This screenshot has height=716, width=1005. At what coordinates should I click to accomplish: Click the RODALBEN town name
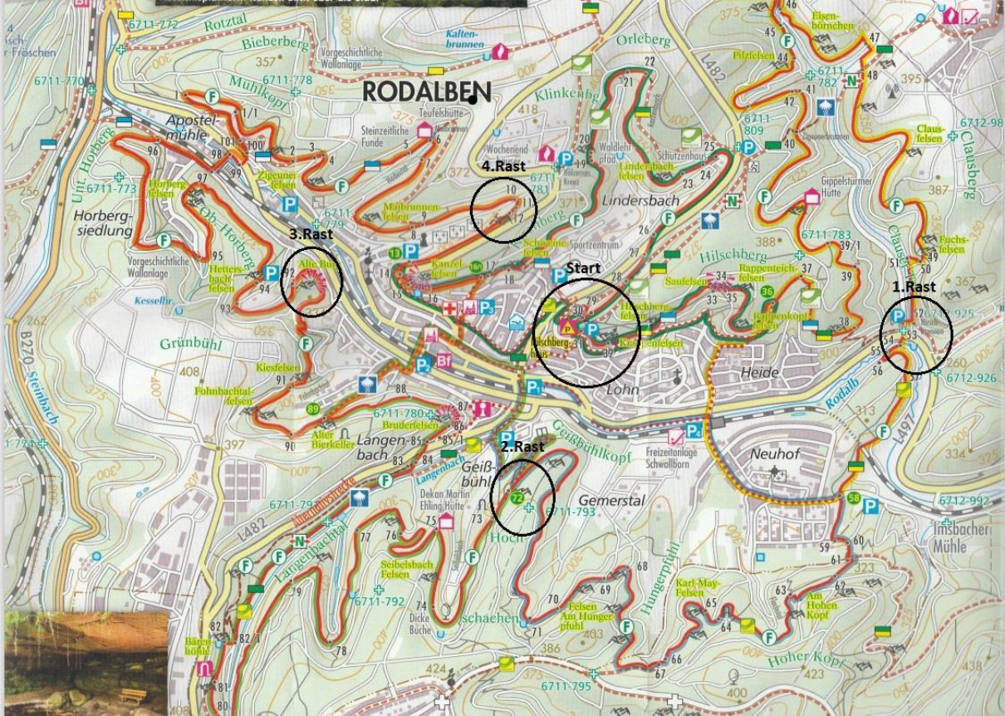click(426, 91)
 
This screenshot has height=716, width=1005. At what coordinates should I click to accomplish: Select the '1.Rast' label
click(914, 287)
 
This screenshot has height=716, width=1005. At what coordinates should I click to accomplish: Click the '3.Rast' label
click(311, 234)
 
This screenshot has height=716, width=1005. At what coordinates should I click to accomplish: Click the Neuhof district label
click(775, 454)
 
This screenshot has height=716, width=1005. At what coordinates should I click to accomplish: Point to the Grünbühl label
click(189, 343)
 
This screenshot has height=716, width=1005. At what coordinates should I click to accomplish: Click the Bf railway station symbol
click(444, 360)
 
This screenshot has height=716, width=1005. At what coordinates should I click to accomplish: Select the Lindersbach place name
click(640, 200)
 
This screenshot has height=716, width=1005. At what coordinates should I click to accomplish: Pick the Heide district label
click(759, 373)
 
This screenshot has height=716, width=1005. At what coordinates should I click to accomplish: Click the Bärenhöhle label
click(198, 646)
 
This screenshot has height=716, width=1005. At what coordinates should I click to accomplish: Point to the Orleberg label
click(644, 40)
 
